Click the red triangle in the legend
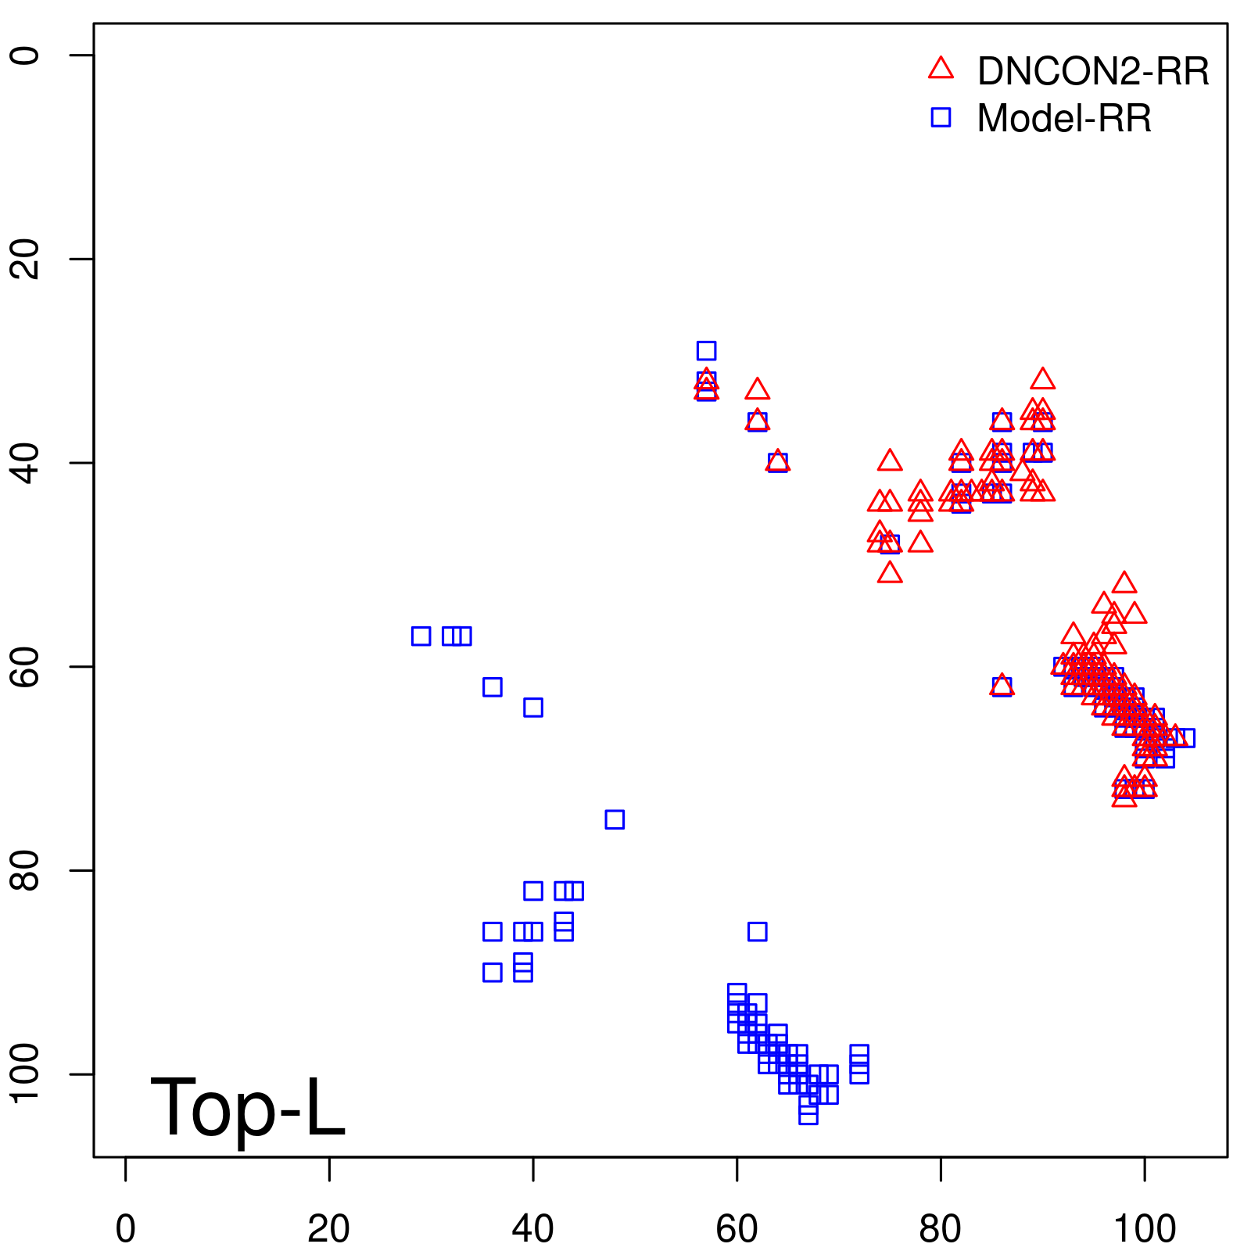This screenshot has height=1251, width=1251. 941,69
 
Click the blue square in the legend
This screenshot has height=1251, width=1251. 941,117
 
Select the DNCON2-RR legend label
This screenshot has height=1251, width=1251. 1092,71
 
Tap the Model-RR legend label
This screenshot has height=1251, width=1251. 1063,119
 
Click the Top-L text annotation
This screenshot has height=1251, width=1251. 247,1107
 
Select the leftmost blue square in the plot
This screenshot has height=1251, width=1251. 421,636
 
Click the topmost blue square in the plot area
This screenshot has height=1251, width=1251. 706,350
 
